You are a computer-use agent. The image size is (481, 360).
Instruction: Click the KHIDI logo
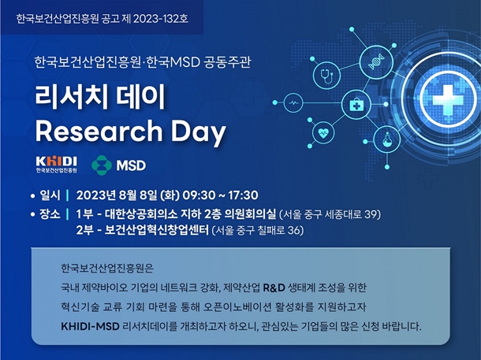(56, 165)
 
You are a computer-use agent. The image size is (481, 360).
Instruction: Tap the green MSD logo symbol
(102, 165)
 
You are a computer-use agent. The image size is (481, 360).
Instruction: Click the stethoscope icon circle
(326, 75)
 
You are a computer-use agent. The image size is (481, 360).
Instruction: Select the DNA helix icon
(376, 61)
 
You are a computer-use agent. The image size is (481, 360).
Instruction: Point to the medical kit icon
(356, 105)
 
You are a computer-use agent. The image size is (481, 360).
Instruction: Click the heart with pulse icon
(323, 133)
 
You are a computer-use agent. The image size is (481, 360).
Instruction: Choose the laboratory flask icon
(387, 139)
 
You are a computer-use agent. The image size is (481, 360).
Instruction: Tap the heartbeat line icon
(293, 103)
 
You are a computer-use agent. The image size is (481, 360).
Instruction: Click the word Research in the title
(99, 131)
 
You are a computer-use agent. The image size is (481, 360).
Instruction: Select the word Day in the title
(199, 132)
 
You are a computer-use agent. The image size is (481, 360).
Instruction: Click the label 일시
(50, 195)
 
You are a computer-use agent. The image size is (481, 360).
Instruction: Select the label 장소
(50, 214)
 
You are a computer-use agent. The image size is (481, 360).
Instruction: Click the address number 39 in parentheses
(371, 214)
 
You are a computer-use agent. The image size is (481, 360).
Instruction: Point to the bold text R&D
(274, 288)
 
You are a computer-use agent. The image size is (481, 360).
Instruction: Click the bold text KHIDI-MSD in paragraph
(90, 327)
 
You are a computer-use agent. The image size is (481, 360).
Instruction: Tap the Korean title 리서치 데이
(100, 97)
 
